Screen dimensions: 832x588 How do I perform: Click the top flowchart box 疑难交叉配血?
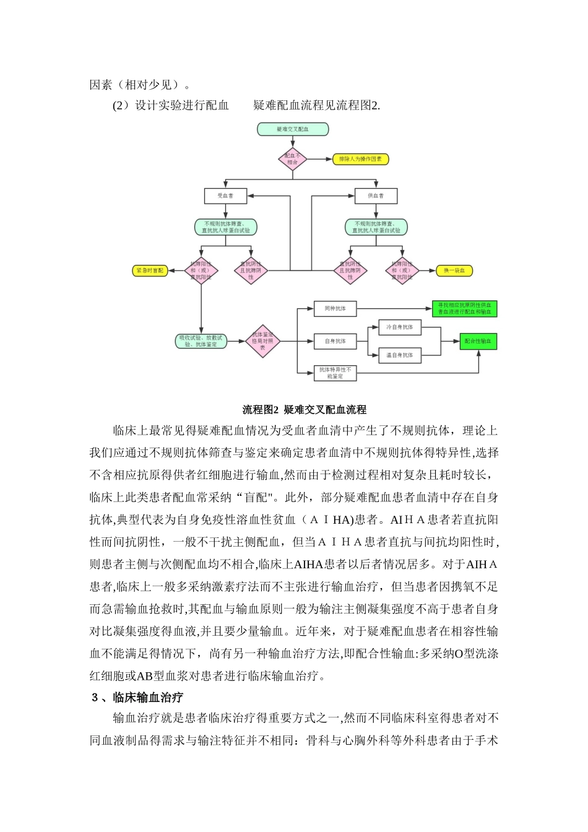[293, 129]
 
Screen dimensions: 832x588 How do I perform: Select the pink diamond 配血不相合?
[292, 159]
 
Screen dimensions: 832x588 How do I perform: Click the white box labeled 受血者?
[225, 196]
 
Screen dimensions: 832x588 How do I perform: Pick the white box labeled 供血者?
[376, 196]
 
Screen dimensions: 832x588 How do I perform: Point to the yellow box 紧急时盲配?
[150, 271]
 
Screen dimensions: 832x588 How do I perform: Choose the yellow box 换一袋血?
[455, 271]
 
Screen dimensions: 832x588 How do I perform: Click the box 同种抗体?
[335, 308]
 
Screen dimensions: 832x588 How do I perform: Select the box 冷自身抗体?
[400, 327]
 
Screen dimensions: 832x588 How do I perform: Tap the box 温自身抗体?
[400, 355]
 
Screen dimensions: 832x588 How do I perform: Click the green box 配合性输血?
[481, 341]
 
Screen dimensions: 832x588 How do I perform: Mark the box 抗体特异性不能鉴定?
[335, 373]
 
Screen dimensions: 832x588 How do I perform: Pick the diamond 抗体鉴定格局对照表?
[263, 341]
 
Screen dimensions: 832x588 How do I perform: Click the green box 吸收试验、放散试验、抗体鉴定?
[201, 341]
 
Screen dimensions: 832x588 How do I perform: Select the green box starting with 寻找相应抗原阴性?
[464, 308]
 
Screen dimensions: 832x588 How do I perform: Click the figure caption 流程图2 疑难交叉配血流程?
[304, 410]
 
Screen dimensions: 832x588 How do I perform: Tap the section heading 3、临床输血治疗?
[137, 698]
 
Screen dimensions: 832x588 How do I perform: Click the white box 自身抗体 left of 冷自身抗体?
[335, 341]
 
